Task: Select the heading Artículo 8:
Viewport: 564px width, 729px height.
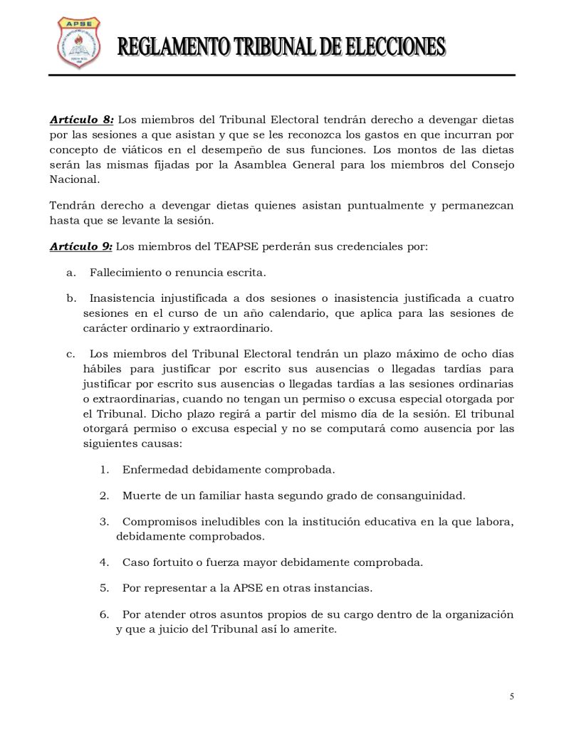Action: pos(82,119)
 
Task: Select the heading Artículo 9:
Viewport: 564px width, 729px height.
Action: pos(80,247)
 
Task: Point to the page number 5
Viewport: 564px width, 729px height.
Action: pos(512,696)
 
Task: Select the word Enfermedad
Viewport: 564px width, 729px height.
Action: pos(153,470)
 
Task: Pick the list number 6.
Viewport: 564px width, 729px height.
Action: pos(104,614)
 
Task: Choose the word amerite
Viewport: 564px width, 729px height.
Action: pos(313,629)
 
